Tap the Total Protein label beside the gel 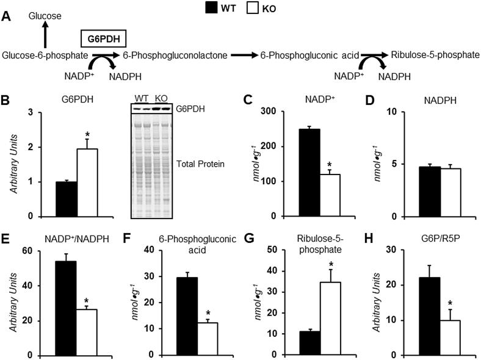click(x=192, y=164)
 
